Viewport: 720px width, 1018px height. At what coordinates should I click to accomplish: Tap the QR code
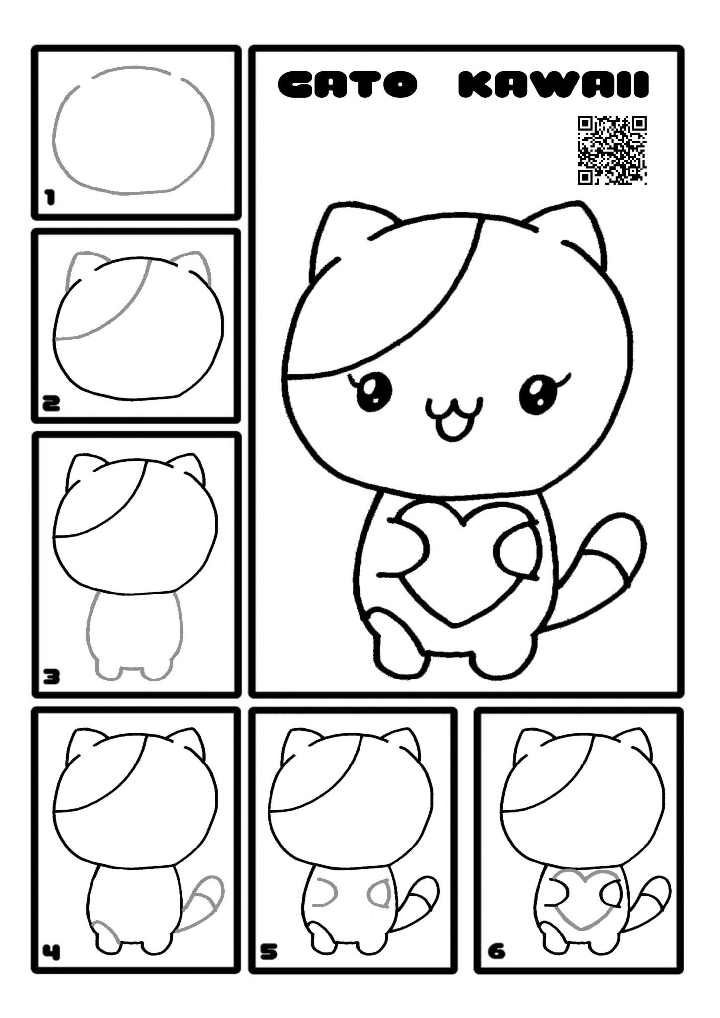[x=612, y=150]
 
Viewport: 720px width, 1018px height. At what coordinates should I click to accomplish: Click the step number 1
[x=49, y=199]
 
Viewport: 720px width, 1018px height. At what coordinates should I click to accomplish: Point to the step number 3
[x=51, y=676]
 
